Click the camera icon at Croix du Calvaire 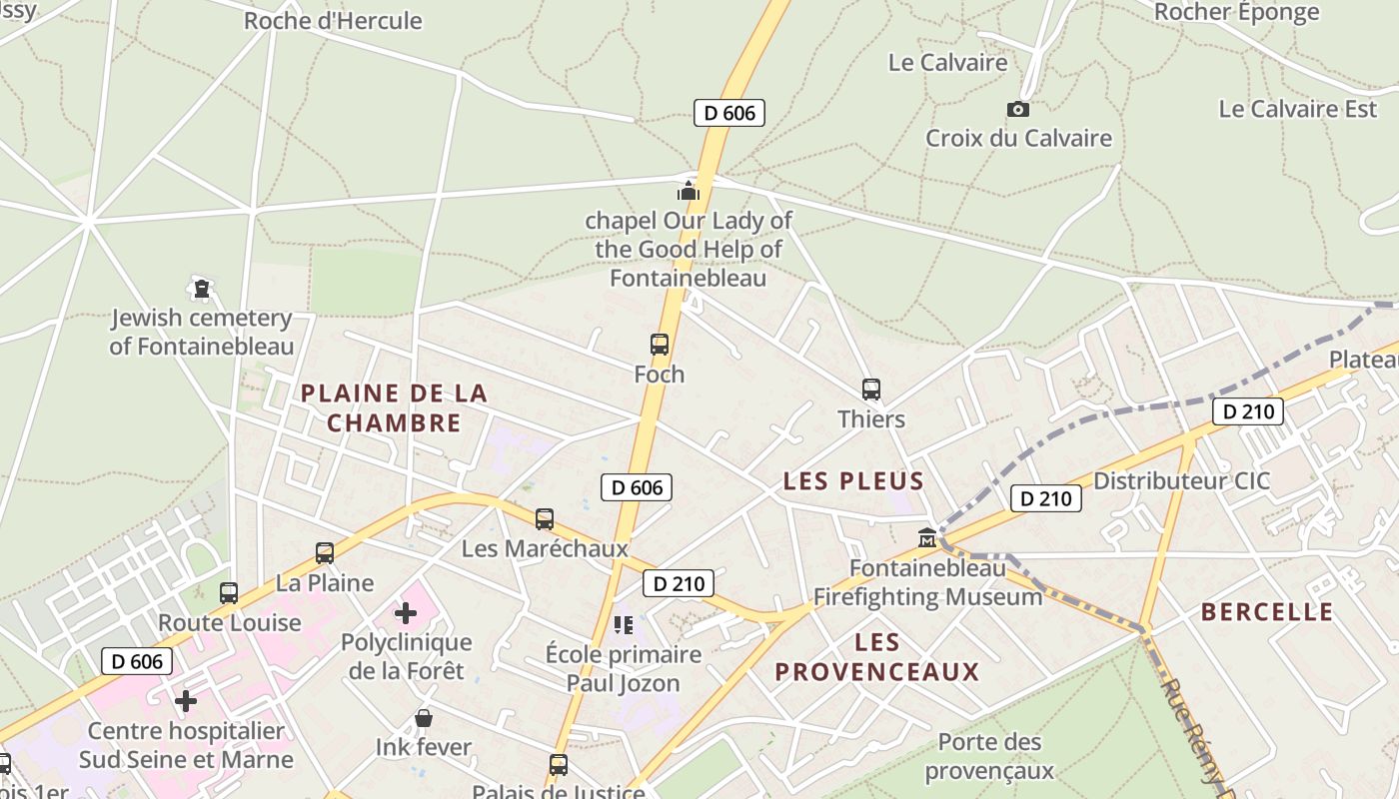click(x=1017, y=109)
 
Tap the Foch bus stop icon click(x=660, y=345)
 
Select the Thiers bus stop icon click(x=871, y=390)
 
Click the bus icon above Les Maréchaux click(x=545, y=519)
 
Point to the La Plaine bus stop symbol click(x=325, y=553)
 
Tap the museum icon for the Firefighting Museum click(x=927, y=538)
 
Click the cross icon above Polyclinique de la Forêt click(x=406, y=612)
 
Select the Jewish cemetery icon click(x=203, y=289)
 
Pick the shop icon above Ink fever click(x=424, y=718)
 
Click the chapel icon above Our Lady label click(x=689, y=190)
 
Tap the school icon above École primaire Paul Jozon click(x=624, y=625)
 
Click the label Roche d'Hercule click(x=333, y=20)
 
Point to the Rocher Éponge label click(x=1236, y=12)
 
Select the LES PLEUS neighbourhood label click(x=853, y=480)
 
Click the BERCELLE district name click(x=1267, y=611)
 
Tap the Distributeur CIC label click(x=1181, y=480)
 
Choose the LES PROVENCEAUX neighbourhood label click(x=877, y=656)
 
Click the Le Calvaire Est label click(x=1297, y=109)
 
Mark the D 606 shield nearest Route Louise click(x=137, y=661)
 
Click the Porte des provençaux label click(x=989, y=756)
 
